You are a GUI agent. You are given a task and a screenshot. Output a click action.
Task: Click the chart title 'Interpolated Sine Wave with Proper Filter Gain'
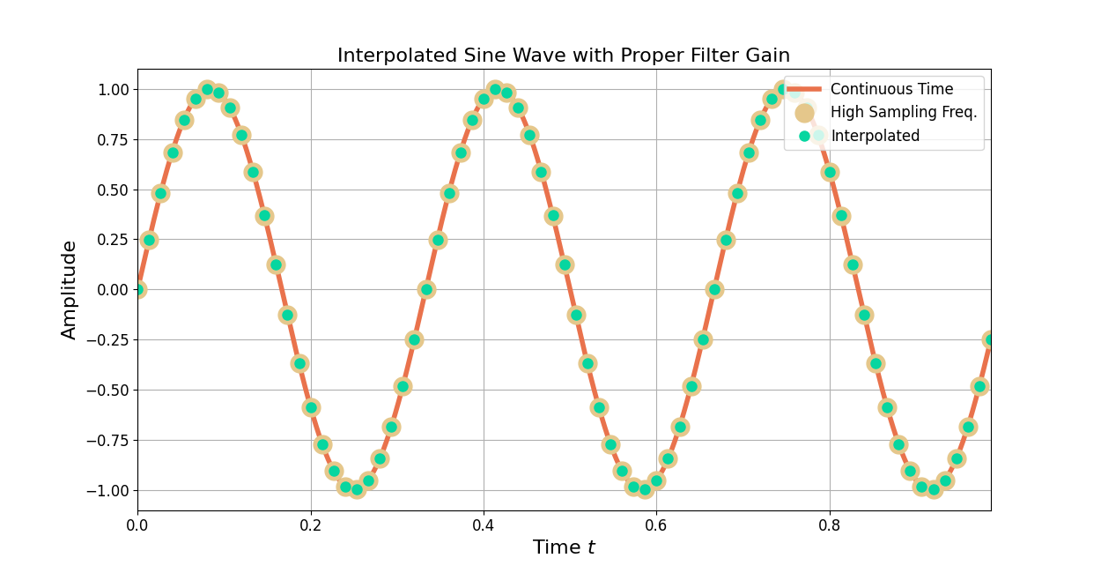pyautogui.click(x=564, y=56)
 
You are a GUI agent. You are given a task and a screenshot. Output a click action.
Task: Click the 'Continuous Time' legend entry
pyautogui.click(x=891, y=89)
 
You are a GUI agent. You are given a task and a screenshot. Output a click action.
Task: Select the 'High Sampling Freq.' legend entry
pyautogui.click(x=904, y=113)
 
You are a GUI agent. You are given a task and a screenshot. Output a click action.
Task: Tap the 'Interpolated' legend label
pyautogui.click(x=875, y=136)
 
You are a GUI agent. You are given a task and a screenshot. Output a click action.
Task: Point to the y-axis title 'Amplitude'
pyautogui.click(x=70, y=289)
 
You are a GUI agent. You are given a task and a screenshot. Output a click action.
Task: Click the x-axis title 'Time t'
pyautogui.click(x=564, y=547)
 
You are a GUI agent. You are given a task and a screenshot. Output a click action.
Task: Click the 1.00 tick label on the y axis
pyautogui.click(x=108, y=90)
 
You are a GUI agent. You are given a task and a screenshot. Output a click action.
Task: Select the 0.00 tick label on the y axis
pyautogui.click(x=108, y=290)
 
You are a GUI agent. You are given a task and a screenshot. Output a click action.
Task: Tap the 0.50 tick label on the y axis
pyautogui.click(x=108, y=190)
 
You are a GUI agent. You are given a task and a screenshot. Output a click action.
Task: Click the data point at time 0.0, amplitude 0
pyautogui.click(x=138, y=289)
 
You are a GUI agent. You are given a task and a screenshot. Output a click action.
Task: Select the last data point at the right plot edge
pyautogui.click(x=990, y=339)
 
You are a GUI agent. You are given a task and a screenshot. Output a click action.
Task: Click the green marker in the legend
pyautogui.click(x=804, y=136)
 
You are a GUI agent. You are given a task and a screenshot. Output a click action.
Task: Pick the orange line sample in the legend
pyautogui.click(x=804, y=89)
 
